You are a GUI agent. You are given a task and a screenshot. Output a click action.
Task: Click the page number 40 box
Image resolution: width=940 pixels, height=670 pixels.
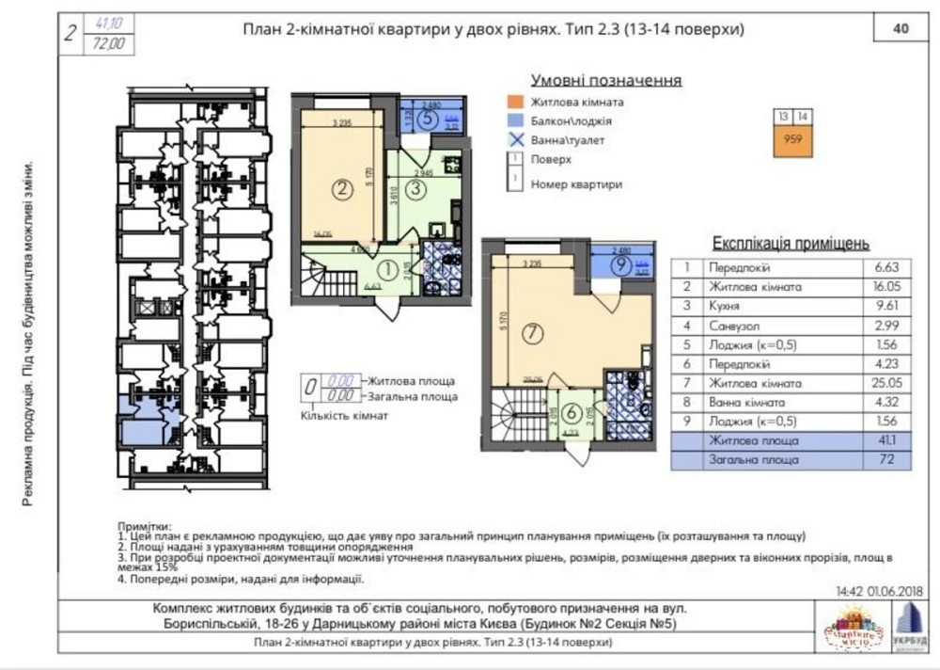pos(900,29)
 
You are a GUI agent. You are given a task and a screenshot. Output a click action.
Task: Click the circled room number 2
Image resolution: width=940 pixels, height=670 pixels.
pos(341,187)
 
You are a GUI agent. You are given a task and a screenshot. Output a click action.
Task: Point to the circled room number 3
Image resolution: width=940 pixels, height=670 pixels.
pos(419,186)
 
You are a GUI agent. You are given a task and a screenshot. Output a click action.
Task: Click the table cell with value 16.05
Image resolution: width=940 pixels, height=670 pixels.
pos(884,286)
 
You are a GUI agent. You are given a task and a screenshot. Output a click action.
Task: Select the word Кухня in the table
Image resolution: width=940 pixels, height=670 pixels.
pos(724,306)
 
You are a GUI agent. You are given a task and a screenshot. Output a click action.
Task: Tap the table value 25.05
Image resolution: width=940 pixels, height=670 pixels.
pos(884,383)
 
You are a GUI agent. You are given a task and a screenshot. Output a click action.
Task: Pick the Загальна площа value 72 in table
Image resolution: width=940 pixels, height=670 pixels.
pos(884,460)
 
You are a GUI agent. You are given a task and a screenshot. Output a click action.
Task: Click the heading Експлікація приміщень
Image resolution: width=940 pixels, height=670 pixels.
pos(791,243)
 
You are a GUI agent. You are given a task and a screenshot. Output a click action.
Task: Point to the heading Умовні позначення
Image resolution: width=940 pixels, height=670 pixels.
pos(605,80)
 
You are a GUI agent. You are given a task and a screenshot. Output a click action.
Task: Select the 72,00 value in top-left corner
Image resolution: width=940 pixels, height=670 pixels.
pos(110,42)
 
